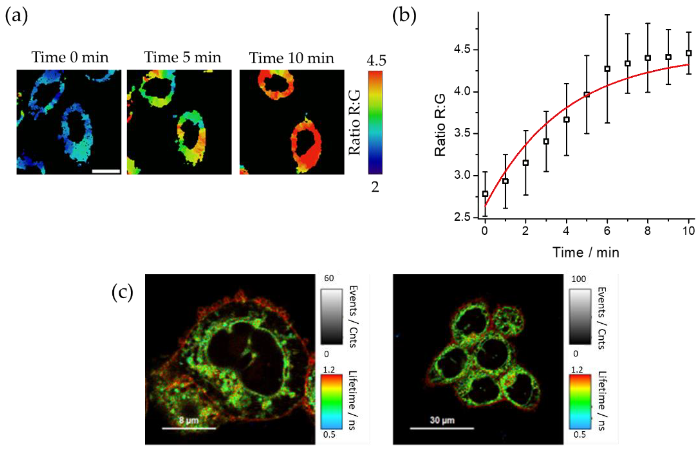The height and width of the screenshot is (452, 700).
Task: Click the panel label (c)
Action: [x=122, y=293]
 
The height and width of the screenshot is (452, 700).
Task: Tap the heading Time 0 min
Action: [x=70, y=57]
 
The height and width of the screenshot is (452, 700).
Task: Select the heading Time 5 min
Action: [x=182, y=57]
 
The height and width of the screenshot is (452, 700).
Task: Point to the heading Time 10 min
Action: [x=292, y=58]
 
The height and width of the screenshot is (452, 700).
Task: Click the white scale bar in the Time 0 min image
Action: [x=106, y=171]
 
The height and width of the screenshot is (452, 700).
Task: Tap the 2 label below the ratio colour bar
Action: [x=375, y=187]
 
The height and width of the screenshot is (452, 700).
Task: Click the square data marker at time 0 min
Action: [x=485, y=194]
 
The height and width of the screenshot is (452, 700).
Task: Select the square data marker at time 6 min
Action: [x=607, y=69]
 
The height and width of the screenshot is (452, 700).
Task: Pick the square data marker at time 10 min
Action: [x=689, y=53]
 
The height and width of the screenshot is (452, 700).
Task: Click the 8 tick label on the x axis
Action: [x=647, y=231]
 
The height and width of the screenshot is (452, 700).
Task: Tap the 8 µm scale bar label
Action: [x=189, y=420]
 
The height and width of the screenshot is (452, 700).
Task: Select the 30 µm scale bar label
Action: [x=442, y=420]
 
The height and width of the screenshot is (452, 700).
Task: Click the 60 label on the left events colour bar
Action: [x=329, y=278]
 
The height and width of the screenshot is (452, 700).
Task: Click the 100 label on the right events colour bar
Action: [x=579, y=279]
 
